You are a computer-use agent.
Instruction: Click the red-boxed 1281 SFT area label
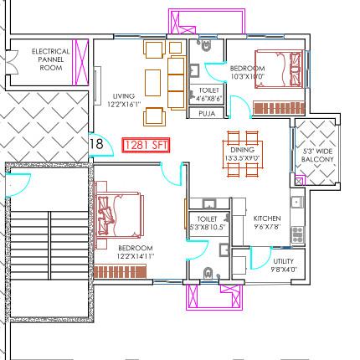[147, 146]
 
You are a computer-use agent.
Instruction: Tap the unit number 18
[96, 145]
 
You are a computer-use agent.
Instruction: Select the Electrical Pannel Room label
[50, 59]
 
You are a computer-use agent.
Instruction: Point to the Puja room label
[207, 112]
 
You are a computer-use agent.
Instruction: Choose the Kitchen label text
[267, 219]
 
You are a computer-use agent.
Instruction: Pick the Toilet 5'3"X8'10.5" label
[201, 222]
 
